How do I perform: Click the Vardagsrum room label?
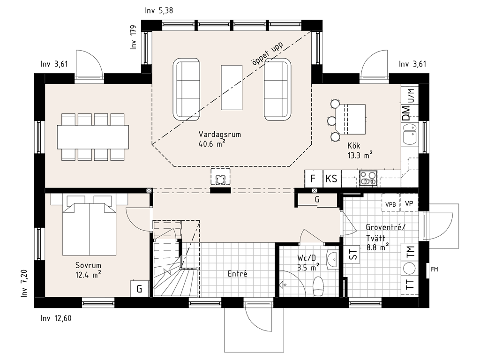point(219,135)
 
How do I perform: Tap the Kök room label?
point(353,145)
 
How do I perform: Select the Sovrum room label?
point(88,265)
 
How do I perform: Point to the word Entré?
point(237,274)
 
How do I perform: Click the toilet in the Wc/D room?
point(318,286)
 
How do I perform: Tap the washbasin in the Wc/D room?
point(332,260)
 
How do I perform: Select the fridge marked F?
point(314,179)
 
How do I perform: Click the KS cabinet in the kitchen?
point(332,179)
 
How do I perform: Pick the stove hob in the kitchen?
point(368,179)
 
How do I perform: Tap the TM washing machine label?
point(410,251)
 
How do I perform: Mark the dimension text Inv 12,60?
point(56,318)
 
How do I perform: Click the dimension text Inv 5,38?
point(159,11)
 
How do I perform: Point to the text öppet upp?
point(267,53)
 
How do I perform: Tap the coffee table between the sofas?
point(232,87)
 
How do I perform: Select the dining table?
point(93,137)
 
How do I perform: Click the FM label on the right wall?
point(434,270)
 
